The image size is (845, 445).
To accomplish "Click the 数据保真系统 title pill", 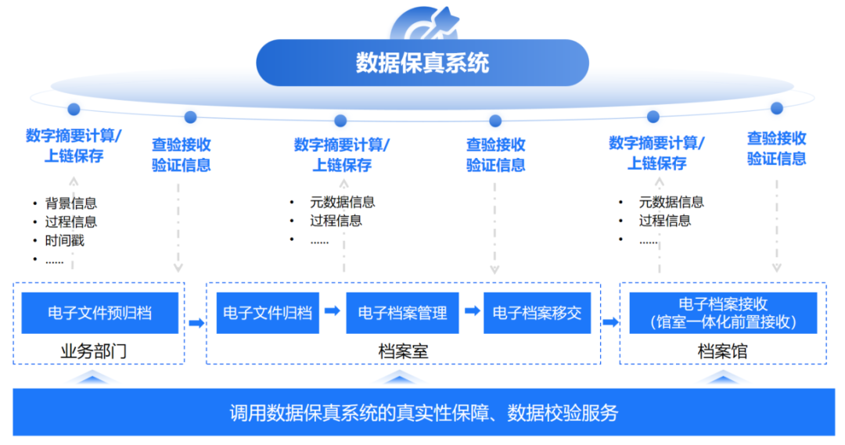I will click(422, 63).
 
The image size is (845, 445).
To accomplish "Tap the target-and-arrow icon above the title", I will click(422, 23).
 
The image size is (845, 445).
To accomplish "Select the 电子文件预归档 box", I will click(99, 313).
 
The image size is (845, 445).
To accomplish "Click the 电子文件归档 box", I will click(268, 313).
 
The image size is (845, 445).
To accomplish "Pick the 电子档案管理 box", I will click(402, 313).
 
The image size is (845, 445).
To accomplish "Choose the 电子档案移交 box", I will click(537, 313).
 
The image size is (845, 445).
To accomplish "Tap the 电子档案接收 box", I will click(722, 313).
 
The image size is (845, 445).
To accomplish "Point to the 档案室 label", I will click(403, 352).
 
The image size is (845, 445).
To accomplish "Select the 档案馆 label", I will click(722, 352).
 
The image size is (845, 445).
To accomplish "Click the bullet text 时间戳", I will click(64, 240).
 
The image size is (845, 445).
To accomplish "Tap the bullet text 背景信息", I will click(70, 203).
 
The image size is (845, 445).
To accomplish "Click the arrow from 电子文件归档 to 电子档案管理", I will click(332, 311).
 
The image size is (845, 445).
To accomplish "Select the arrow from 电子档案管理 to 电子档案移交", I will click(472, 311).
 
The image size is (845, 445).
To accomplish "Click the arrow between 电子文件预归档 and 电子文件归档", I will click(196, 321).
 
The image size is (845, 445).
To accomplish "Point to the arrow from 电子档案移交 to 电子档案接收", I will click(610, 321).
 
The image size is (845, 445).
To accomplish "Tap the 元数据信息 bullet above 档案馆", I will click(671, 202).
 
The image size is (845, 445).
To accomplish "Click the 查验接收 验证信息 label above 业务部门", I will click(181, 154).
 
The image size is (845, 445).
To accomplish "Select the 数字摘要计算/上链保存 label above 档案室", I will click(342, 154).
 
